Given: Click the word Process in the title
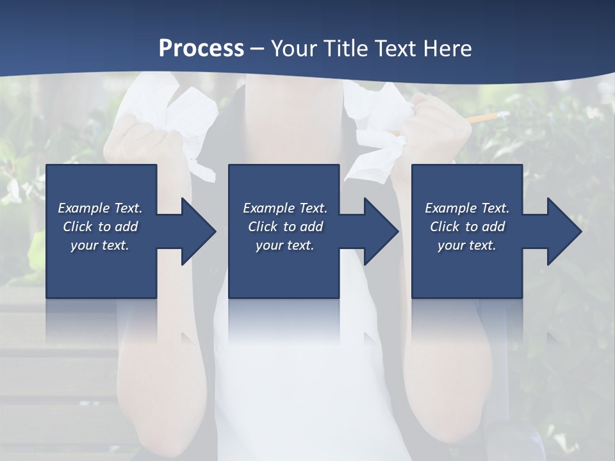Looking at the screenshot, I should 201,48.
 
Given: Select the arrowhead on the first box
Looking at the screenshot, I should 195,231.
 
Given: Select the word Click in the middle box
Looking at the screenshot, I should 263,227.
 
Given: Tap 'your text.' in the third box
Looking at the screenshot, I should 466,245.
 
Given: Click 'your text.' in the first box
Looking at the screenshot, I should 100,245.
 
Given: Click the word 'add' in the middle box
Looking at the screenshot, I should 311,227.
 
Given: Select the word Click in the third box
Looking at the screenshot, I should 445,227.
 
